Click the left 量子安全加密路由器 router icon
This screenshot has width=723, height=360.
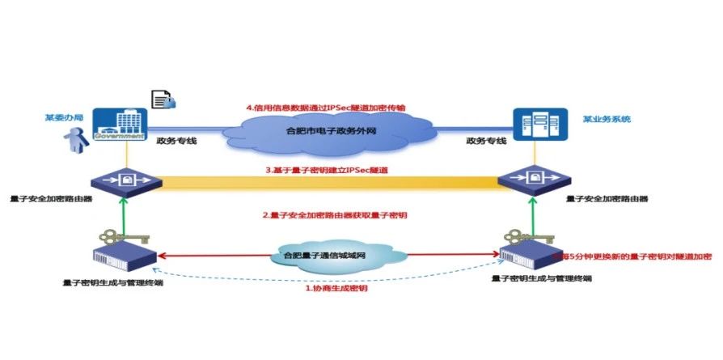click(124, 180)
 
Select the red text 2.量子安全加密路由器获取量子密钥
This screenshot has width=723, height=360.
click(333, 215)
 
